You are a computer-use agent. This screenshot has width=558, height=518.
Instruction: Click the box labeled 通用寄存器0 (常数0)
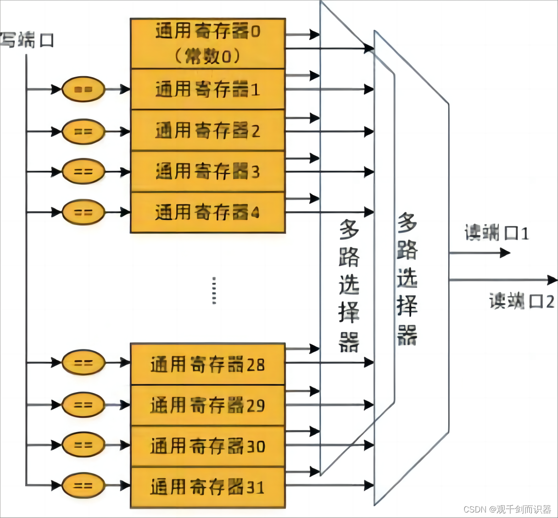208,44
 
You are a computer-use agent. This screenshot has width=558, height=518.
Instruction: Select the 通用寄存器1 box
208,89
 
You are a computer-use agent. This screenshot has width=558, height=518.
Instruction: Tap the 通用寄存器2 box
208,130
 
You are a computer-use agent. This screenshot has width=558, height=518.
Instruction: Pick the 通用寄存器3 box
208,171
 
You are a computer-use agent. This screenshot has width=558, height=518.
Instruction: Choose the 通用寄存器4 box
208,212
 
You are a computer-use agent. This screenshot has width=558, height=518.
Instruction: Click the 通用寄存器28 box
208,364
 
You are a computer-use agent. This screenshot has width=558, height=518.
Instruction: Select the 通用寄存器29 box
208,405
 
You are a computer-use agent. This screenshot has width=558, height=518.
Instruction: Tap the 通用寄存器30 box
208,446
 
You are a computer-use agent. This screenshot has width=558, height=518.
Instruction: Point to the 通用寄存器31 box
208,487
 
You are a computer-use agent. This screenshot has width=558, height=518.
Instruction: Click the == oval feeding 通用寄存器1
84,89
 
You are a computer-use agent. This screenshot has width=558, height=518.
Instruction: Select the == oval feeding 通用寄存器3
84,171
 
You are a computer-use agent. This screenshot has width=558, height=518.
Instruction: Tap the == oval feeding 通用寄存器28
84,363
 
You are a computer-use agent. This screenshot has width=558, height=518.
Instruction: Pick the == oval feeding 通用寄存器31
84,485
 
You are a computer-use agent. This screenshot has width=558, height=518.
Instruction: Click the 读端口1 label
497,233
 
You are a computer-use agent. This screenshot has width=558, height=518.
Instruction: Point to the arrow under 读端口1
479,253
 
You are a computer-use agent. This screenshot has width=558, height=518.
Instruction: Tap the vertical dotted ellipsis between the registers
214,290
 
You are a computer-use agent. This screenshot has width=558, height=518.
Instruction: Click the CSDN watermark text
507,509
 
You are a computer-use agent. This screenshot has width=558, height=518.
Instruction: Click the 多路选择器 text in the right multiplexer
407,279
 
